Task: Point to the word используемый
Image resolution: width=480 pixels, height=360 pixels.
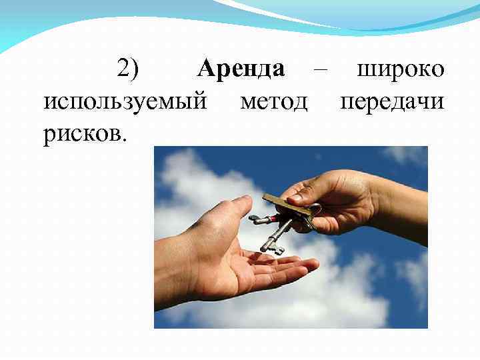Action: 123,103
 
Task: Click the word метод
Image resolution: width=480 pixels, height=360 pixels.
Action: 273,103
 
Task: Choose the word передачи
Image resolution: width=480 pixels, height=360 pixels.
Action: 393,103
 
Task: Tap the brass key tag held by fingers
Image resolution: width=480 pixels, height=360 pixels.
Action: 287,205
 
